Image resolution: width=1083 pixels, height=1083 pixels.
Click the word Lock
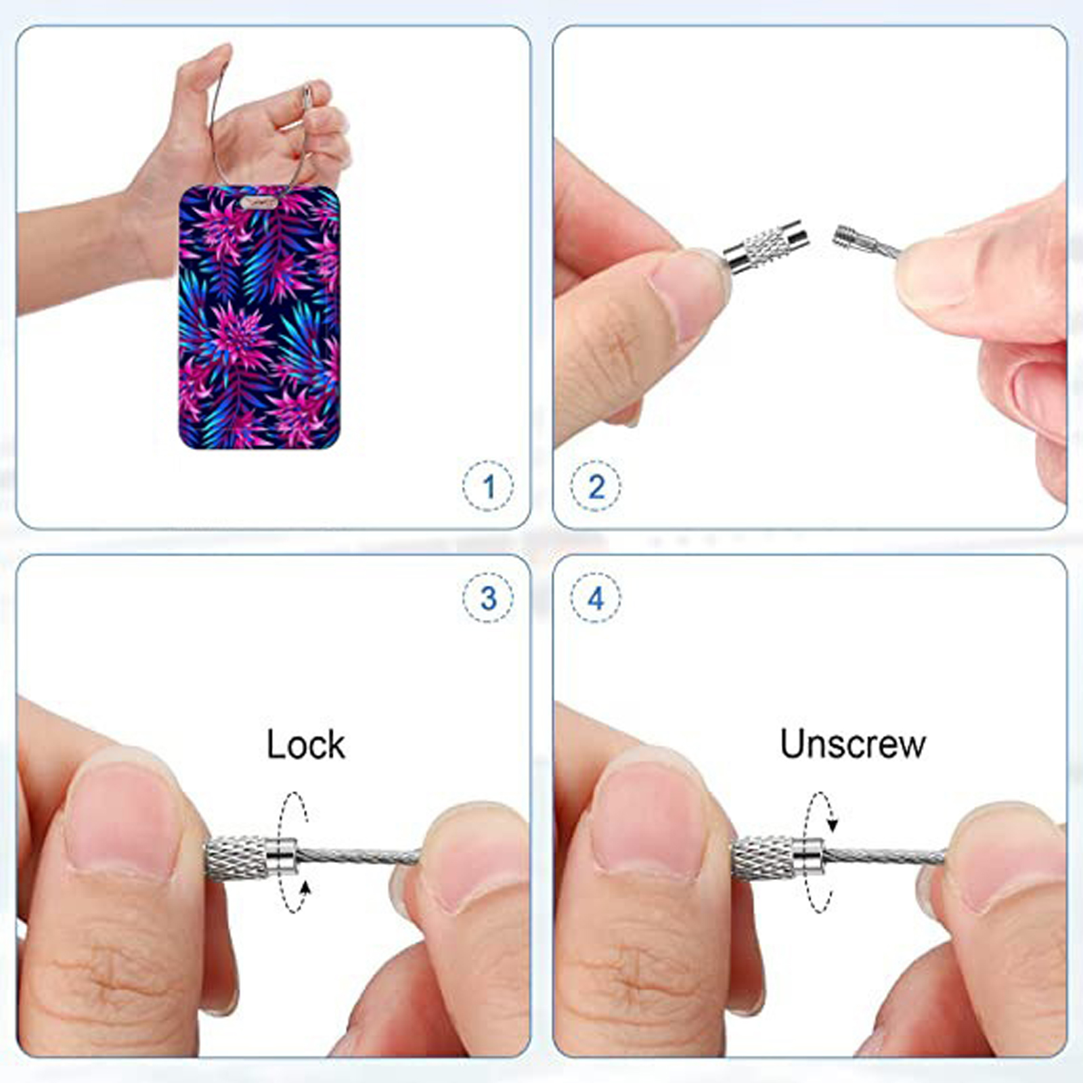click(x=305, y=745)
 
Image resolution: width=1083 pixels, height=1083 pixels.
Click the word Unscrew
click(x=852, y=744)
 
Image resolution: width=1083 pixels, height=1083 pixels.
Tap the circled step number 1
click(x=488, y=486)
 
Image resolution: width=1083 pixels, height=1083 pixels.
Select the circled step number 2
click(x=596, y=486)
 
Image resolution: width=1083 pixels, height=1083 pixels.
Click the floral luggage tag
click(x=259, y=317)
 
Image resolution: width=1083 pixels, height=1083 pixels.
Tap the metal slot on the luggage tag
click(x=259, y=202)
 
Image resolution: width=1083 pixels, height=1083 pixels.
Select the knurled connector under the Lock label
click(x=251, y=858)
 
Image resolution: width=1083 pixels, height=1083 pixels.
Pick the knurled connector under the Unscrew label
click(x=778, y=858)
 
